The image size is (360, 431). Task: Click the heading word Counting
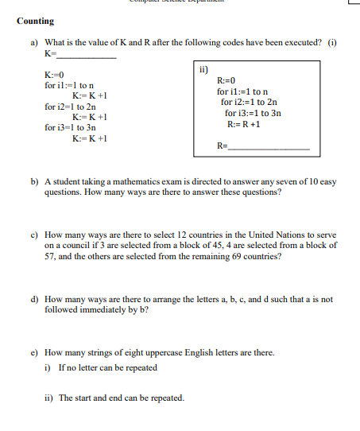pos(35,21)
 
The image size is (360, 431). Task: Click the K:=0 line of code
pos(56,74)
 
